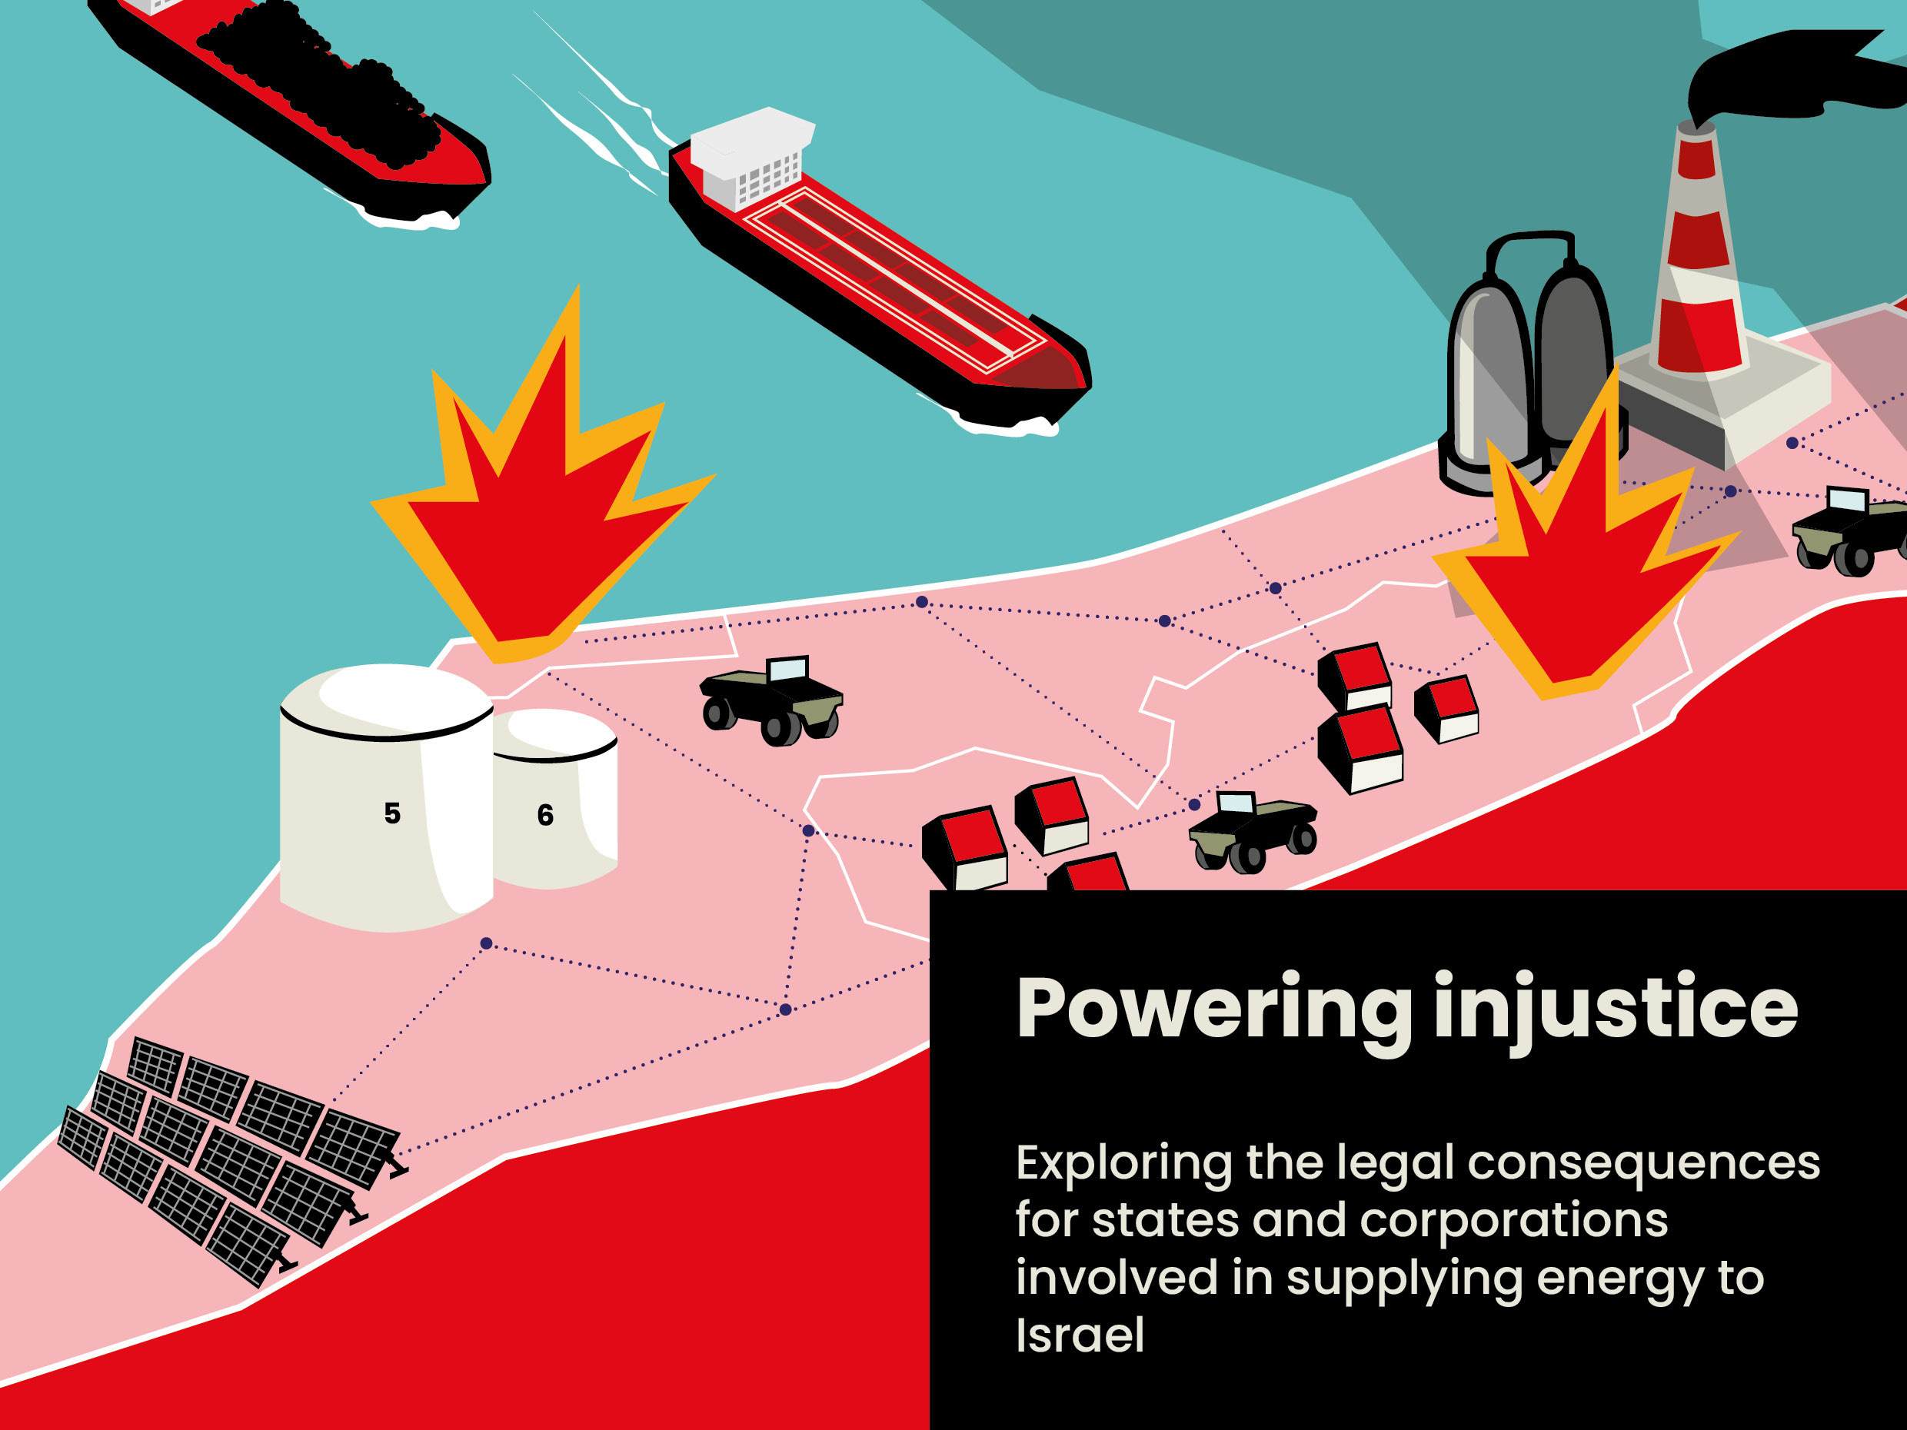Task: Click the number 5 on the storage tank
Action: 392,813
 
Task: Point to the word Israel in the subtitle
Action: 1080,1335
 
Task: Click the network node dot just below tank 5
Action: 486,944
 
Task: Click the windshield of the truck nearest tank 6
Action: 787,669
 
